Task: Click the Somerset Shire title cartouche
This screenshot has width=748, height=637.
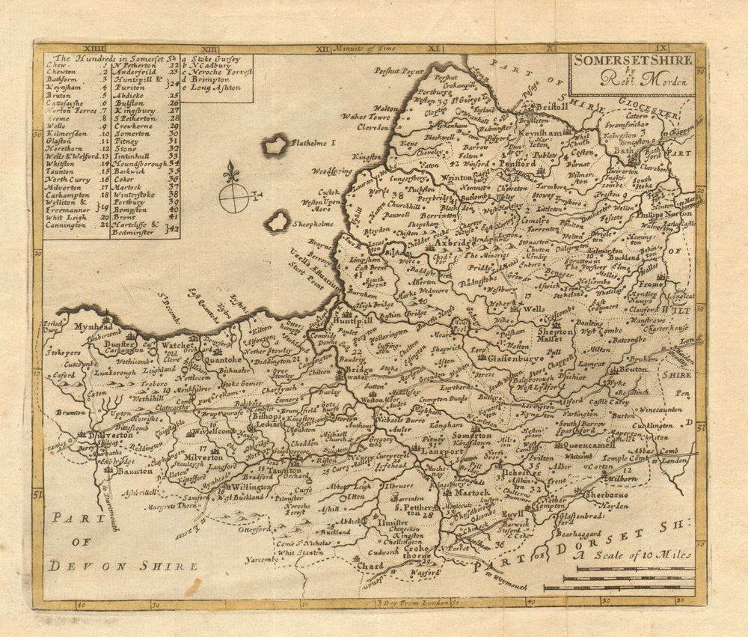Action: [x=631, y=73]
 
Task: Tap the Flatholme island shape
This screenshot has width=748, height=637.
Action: [x=275, y=144]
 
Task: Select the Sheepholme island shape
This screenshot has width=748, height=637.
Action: [x=278, y=221]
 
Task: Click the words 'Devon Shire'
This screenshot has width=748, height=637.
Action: [x=123, y=565]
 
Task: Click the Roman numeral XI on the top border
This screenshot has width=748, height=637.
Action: [x=435, y=48]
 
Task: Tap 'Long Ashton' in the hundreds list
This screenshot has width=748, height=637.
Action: [x=213, y=87]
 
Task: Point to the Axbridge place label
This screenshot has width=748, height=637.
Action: [x=450, y=245]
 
